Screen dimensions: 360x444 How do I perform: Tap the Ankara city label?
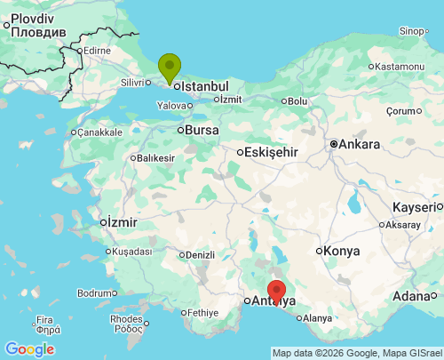360,144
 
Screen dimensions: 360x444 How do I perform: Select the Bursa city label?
202,131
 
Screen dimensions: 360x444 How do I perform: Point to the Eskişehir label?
271,152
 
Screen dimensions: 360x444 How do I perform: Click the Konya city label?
342,252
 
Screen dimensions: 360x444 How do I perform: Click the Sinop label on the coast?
412,31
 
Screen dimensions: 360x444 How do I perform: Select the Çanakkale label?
99,132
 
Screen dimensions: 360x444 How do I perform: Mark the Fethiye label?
203,313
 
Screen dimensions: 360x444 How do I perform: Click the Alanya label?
317,318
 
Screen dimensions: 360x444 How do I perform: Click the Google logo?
29,349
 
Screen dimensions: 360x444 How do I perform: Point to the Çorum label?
401,111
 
